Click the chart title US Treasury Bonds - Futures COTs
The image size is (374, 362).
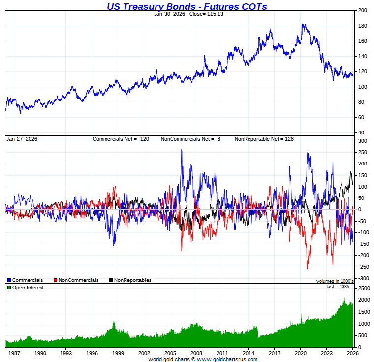pyautogui.click(x=187, y=6)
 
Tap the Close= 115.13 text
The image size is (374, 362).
pyautogui.click(x=203, y=14)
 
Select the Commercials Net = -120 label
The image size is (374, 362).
pyautogui.click(x=121, y=139)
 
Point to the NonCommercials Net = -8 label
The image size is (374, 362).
pyautogui.click(x=190, y=139)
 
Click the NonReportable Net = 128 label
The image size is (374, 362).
pyautogui.click(x=264, y=139)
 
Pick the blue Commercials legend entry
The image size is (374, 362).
pyautogui.click(x=26, y=280)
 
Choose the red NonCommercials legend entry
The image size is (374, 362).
pyautogui.click(x=76, y=280)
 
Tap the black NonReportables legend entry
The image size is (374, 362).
pyautogui.click(x=130, y=280)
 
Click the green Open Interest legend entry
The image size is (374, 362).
pyautogui.click(x=26, y=288)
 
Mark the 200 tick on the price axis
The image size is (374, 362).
pyautogui.click(x=363, y=10)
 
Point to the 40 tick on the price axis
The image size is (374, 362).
pyautogui.click(x=361, y=132)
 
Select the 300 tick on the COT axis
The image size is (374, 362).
pyautogui.click(x=363, y=141)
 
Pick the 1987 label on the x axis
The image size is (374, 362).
pyautogui.click(x=14, y=353)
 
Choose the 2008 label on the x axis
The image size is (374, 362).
pyautogui.click(x=196, y=353)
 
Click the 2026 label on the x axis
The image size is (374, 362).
pyautogui.click(x=352, y=353)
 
